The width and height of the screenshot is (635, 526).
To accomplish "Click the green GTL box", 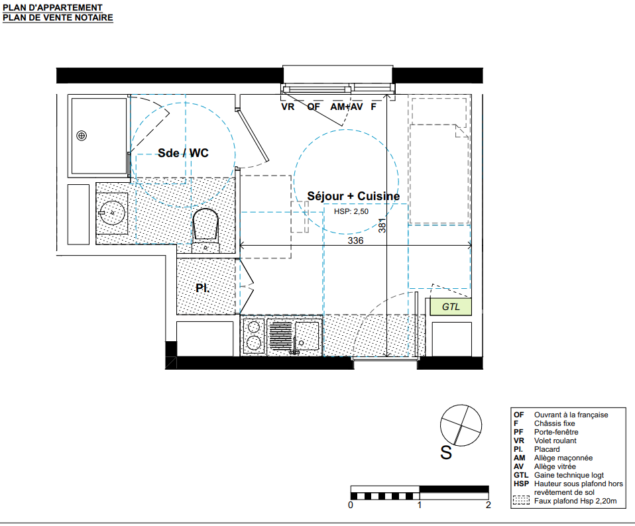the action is point(451,307).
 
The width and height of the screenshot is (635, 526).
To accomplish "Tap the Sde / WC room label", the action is point(183,153).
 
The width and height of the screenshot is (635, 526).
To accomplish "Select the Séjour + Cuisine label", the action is point(353,196).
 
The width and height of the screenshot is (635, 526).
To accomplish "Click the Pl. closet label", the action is point(202,288).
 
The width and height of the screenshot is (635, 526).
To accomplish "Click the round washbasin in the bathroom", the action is point(112,213).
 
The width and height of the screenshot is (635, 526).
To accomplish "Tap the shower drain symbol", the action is point(82,136).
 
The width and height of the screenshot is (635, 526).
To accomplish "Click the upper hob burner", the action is point(254,327).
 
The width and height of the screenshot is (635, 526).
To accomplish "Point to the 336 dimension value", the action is point(355,240).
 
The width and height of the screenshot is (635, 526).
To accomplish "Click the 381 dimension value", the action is point(382,225).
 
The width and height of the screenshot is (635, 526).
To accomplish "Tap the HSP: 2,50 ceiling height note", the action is point(351,211).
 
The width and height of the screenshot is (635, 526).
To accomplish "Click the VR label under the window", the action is point(288,107).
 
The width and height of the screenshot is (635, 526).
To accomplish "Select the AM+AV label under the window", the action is point(347,107).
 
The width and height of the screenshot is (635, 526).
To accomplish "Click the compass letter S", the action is point(446,452).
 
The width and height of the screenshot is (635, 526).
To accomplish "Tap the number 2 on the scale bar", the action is point(489,505).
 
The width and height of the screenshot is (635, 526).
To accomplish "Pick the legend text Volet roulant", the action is point(555,441).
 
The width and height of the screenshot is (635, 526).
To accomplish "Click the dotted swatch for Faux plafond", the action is point(521,501).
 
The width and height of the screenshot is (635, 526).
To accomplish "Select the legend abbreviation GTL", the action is point(521,475).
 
